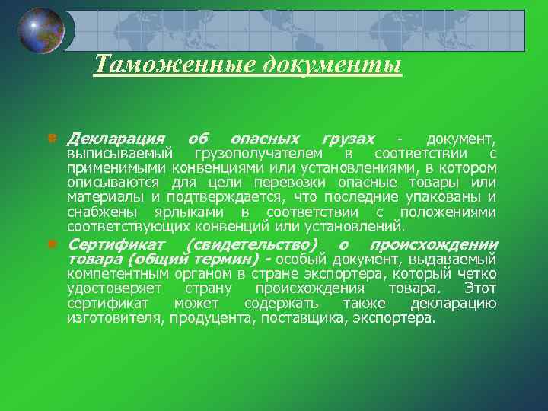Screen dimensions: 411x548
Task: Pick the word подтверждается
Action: tap(223, 197)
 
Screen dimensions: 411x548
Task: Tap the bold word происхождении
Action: tap(433, 245)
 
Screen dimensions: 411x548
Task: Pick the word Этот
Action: tap(479, 289)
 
